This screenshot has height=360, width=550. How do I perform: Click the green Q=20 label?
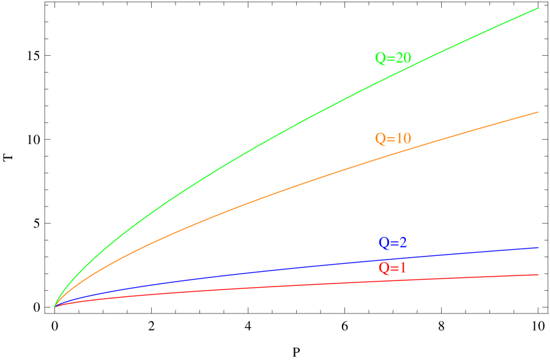(x=393, y=58)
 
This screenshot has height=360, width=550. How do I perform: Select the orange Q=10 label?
(x=393, y=138)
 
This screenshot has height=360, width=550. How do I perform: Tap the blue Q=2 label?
(x=393, y=242)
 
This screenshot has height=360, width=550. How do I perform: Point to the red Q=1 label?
(x=392, y=268)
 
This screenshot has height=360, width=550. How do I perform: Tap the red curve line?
(x=245, y=287)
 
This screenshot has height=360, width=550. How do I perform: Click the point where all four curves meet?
(x=55, y=306)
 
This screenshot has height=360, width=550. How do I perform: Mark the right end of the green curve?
(x=538, y=9)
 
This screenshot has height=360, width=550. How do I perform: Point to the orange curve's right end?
(x=538, y=112)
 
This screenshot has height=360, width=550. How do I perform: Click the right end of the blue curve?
(x=538, y=247)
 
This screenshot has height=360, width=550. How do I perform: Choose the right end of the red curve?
(x=538, y=274)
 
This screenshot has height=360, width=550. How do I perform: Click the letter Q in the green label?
(x=381, y=59)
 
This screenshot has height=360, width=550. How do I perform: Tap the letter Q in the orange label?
(x=381, y=139)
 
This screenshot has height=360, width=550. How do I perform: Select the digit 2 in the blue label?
(x=403, y=242)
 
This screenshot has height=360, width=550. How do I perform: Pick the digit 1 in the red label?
(x=402, y=268)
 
